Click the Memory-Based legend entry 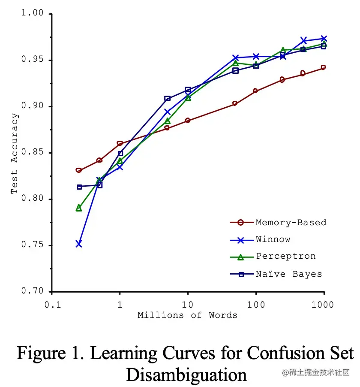[x=291, y=223]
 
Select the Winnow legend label [x=273, y=239]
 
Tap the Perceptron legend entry [x=286, y=256]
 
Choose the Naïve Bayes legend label [x=289, y=274]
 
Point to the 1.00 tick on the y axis [x=33, y=13]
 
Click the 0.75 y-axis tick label [x=33, y=245]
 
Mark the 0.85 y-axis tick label [x=33, y=153]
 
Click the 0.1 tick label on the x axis [x=51, y=304]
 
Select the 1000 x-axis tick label [x=323, y=304]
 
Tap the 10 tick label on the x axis [x=188, y=304]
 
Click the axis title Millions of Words [x=187, y=315]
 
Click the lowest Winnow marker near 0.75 [x=79, y=244]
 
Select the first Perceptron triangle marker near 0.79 [x=79, y=208]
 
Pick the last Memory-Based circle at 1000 [x=323, y=67]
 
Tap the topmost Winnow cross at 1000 [x=324, y=39]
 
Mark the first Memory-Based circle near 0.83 [x=79, y=170]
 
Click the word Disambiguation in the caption [x=186, y=374]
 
